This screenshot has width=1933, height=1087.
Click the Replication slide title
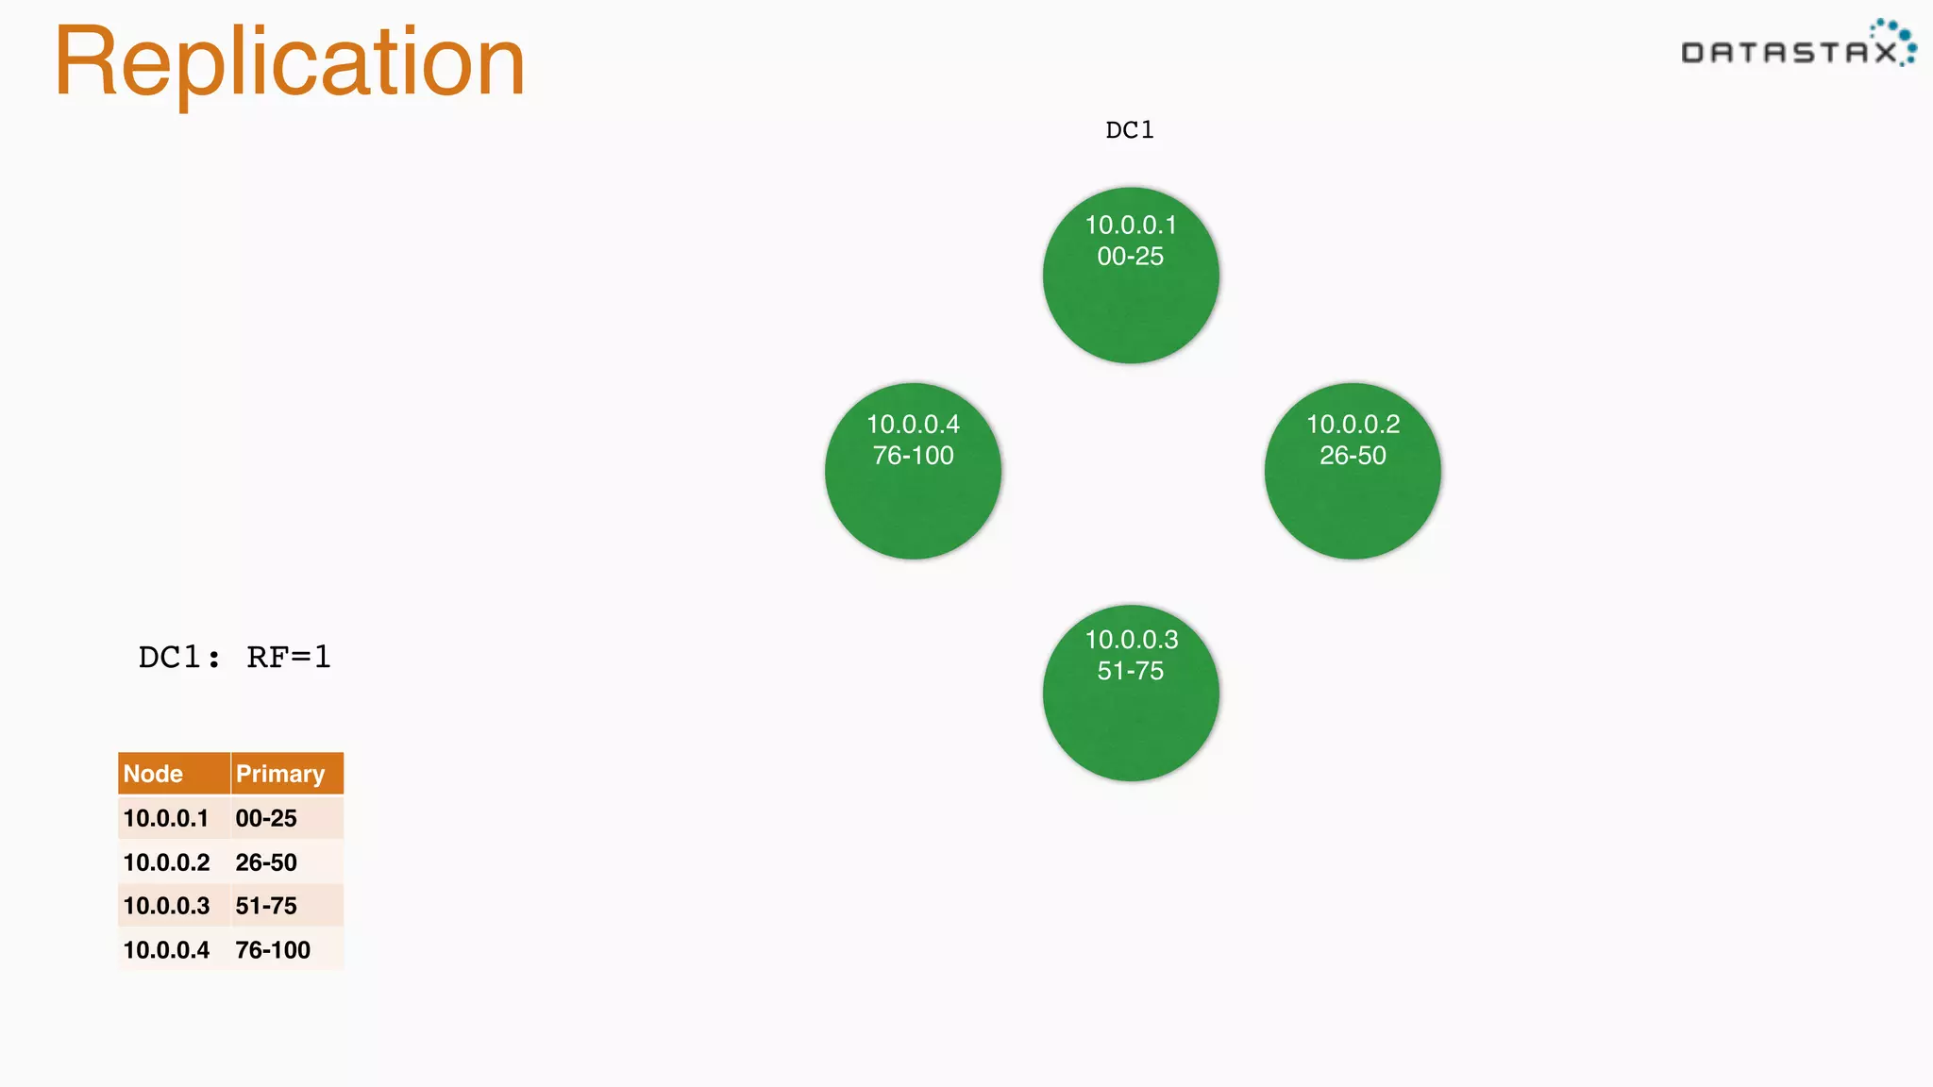(x=289, y=62)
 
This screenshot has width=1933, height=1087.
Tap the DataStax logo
(x=1797, y=47)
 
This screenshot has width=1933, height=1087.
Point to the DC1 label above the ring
(x=1130, y=130)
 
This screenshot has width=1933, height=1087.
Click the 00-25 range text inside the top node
(x=1131, y=257)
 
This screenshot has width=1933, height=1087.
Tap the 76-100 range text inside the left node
(x=913, y=456)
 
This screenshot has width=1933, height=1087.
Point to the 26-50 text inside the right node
(x=1353, y=456)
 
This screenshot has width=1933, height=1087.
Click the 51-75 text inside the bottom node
(x=1131, y=671)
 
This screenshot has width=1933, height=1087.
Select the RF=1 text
(x=289, y=657)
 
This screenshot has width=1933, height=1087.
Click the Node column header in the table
(x=154, y=774)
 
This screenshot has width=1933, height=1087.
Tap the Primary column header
(x=280, y=774)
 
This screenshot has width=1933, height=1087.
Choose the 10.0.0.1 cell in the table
(x=166, y=818)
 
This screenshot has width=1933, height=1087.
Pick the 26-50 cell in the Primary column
(x=266, y=862)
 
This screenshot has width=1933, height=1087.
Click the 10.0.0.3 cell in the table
(x=166, y=906)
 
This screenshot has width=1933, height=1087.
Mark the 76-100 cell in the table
(x=273, y=950)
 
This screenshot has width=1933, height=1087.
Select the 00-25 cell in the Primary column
(x=266, y=818)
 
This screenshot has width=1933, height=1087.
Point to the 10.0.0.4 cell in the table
(x=166, y=950)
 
